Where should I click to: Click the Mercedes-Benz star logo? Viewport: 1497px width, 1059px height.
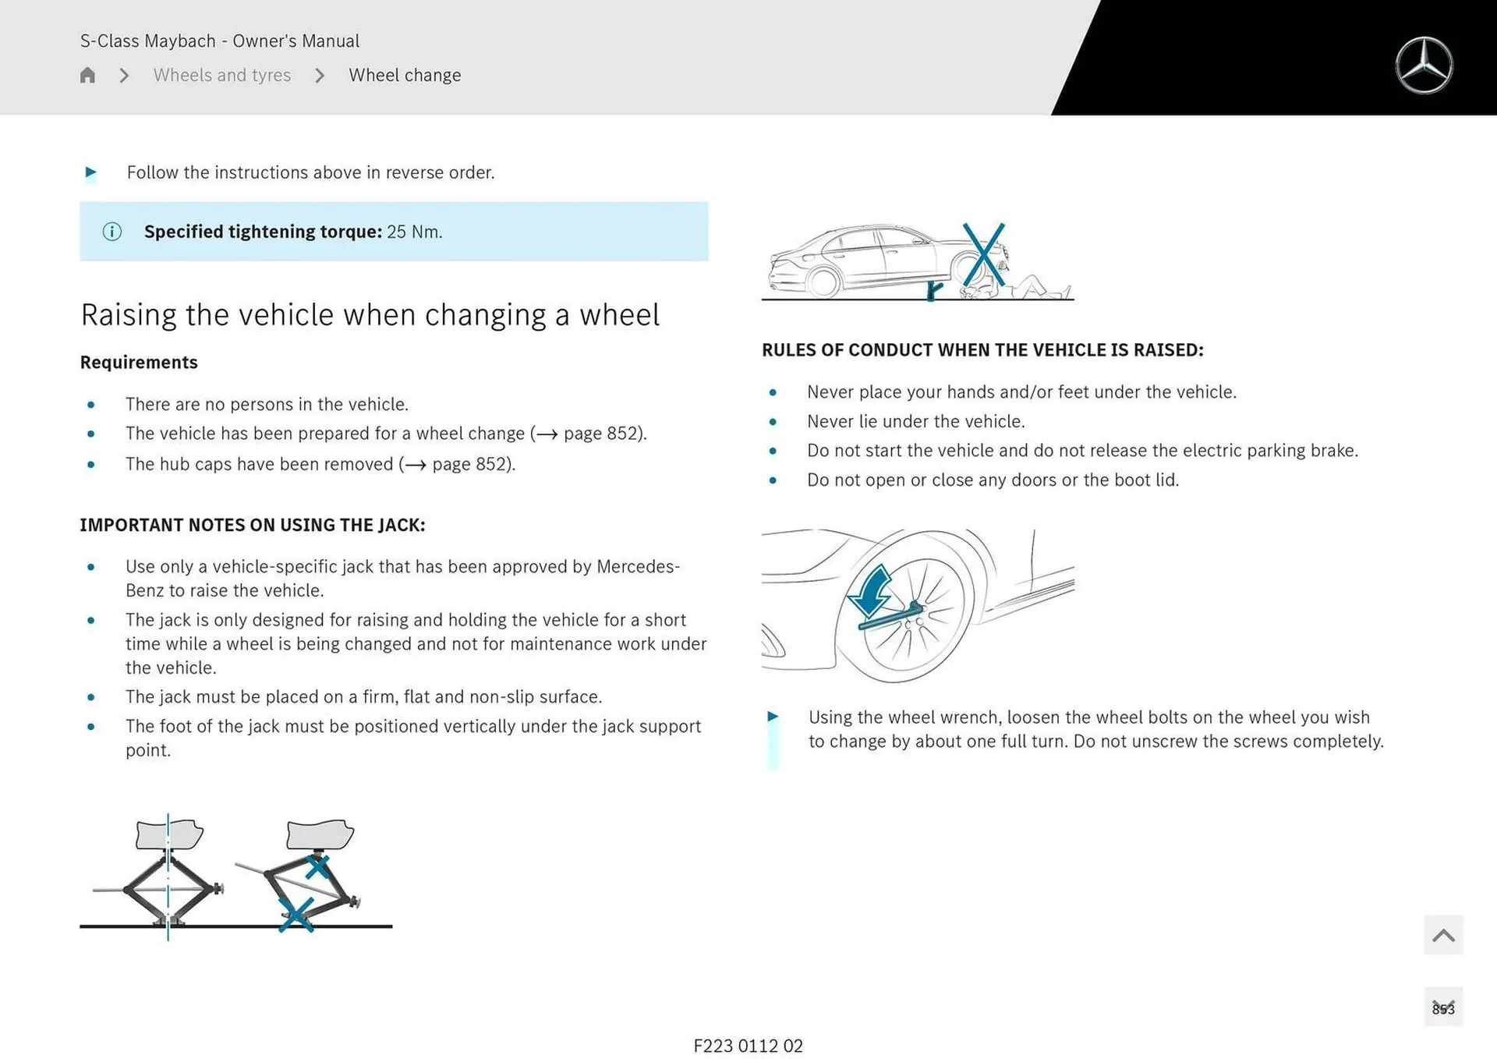tap(1424, 66)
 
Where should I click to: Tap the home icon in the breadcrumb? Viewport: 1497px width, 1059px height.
tap(87, 75)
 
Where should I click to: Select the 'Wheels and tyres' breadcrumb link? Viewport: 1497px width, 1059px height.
tap(221, 75)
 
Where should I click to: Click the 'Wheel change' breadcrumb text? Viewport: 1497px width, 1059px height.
tap(405, 75)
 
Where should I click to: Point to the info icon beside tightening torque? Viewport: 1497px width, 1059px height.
tap(112, 232)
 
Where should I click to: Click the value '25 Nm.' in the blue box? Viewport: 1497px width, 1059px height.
tap(414, 232)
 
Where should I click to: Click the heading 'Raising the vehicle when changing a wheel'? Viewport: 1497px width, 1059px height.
tap(370, 315)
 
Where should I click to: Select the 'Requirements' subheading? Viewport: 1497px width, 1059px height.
tap(139, 363)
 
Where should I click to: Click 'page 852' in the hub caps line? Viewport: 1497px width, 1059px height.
tap(470, 464)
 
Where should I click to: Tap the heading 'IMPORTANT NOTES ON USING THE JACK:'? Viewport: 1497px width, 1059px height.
tap(253, 525)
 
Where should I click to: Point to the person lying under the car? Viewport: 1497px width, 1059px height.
tap(1029, 289)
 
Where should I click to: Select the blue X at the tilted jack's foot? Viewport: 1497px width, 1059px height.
tap(296, 914)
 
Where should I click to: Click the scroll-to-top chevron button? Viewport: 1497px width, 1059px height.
tap(1442, 935)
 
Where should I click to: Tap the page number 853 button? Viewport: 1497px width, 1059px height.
tap(1442, 1008)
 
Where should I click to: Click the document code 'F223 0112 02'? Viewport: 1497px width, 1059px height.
tap(748, 1046)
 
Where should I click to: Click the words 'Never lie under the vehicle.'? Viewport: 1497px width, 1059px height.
tap(915, 422)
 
